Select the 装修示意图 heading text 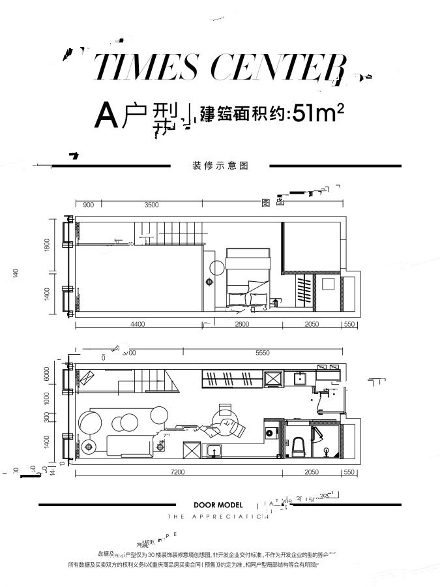221,166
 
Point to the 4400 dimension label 137,324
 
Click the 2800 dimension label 242,324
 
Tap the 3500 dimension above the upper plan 151,205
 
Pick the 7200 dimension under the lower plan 179,472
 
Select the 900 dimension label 89,205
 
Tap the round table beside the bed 217,267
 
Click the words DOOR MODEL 218,504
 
